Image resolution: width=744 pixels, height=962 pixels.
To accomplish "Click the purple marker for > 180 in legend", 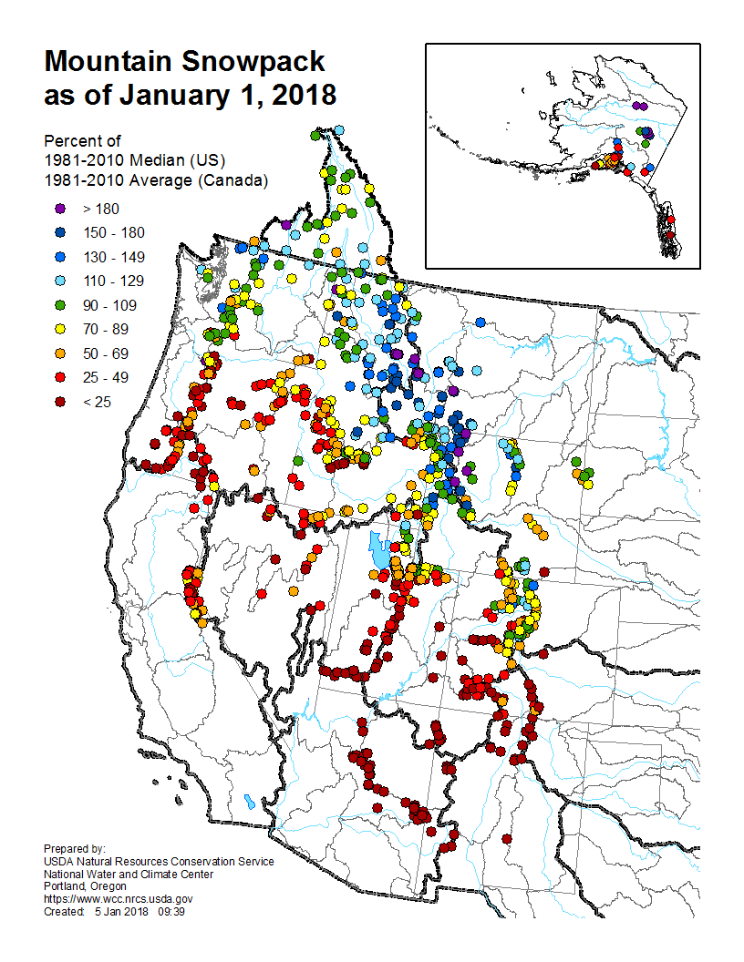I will click(59, 210).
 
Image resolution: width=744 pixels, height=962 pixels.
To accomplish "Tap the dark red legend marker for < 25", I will click(59, 402).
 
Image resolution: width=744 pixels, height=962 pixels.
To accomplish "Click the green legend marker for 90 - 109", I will click(59, 305).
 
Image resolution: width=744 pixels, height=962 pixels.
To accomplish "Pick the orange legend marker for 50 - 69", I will click(59, 353).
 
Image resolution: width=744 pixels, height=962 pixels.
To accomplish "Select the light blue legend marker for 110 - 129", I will click(59, 281).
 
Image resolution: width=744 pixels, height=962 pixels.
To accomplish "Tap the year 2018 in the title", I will click(295, 94).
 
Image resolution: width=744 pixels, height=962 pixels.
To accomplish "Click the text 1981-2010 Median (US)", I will click(134, 160).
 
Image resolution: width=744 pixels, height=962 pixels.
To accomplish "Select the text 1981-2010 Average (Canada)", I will click(155, 180).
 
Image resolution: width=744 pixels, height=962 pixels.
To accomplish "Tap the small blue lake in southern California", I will click(249, 803).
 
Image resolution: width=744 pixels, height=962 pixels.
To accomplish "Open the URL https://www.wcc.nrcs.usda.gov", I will click(119, 898).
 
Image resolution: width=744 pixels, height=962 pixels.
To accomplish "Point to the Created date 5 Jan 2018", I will click(120, 911).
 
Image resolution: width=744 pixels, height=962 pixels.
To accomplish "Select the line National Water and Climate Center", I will click(129, 874).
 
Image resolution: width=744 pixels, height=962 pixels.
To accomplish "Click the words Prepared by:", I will click(75, 849).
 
